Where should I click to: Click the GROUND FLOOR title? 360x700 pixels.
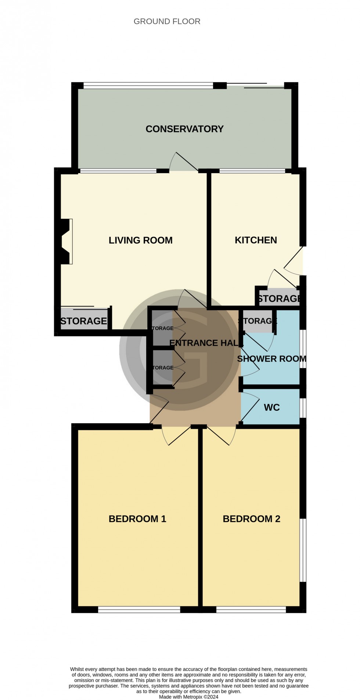(x=167, y=21)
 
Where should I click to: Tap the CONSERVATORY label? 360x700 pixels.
(x=184, y=129)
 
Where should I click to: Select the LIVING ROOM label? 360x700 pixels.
(x=140, y=240)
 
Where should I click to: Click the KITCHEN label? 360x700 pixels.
(x=256, y=240)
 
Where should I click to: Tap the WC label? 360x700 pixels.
(x=271, y=407)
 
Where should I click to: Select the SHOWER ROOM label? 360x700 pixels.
(x=271, y=359)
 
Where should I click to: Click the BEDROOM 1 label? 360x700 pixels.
(x=137, y=519)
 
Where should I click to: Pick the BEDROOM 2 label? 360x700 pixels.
(x=251, y=519)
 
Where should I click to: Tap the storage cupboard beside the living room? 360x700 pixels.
(x=84, y=321)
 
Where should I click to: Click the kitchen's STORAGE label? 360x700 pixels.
(x=279, y=298)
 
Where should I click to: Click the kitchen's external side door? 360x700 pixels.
(x=294, y=261)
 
